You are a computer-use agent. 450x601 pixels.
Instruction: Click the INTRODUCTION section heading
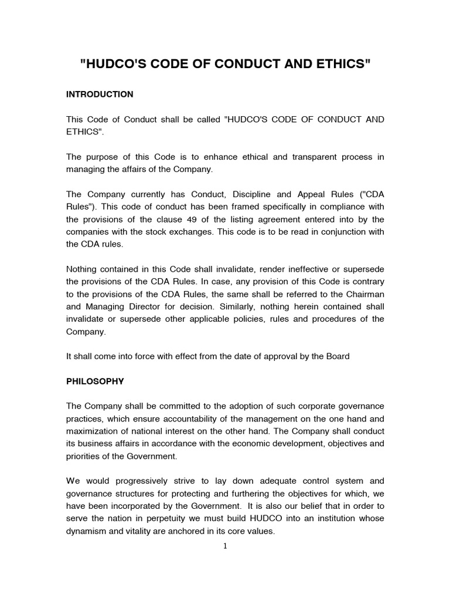(x=100, y=94)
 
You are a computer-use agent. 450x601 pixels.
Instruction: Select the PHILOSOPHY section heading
(x=95, y=381)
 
